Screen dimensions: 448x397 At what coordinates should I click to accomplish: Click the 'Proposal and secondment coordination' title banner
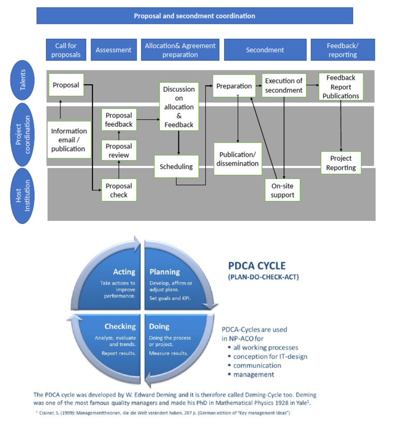click(x=194, y=16)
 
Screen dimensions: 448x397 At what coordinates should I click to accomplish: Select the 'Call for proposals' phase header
click(x=66, y=50)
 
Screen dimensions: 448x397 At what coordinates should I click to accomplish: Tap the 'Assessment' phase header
click(x=114, y=50)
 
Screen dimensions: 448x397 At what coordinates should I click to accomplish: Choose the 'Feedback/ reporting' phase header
click(x=342, y=50)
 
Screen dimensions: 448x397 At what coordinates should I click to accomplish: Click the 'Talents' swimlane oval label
click(x=23, y=80)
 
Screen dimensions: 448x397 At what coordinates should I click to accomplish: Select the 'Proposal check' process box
click(x=119, y=190)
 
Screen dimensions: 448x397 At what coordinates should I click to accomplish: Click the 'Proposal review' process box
click(x=119, y=151)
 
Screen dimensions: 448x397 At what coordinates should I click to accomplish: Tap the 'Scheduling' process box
click(x=176, y=167)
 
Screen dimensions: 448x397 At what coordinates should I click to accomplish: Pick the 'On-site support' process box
click(x=282, y=190)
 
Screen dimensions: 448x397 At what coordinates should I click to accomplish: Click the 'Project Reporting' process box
click(x=341, y=163)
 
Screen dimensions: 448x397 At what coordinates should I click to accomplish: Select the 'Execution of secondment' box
click(x=284, y=85)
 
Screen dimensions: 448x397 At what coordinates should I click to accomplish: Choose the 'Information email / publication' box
click(x=68, y=140)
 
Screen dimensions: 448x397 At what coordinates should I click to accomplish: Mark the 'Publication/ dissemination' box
click(x=238, y=159)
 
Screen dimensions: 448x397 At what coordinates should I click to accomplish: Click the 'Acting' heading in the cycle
click(x=124, y=272)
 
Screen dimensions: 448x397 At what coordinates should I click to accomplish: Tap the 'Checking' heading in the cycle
click(x=120, y=326)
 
